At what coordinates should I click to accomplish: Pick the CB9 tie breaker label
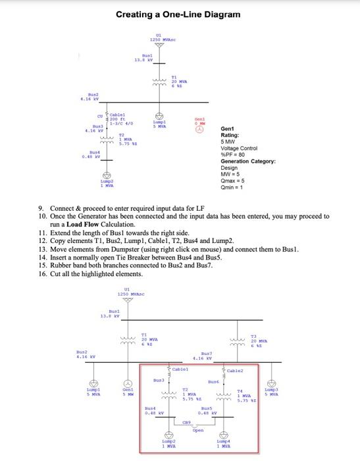(x=187, y=423)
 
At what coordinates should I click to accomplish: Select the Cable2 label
(x=236, y=370)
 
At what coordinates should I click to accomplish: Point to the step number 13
(x=43, y=250)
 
